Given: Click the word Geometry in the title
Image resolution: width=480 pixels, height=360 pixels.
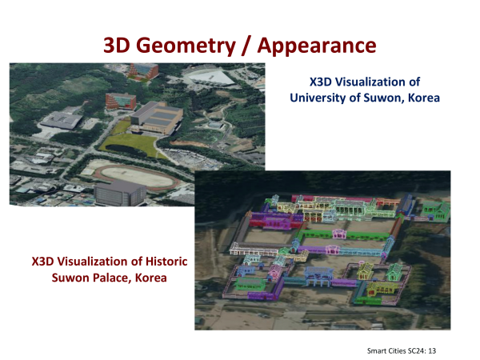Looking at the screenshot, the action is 186,46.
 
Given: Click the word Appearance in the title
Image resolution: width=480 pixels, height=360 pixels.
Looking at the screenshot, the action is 317,46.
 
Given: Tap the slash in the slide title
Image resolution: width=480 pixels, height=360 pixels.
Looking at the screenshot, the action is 246,46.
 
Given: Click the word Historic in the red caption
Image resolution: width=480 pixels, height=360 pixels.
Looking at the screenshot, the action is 166,262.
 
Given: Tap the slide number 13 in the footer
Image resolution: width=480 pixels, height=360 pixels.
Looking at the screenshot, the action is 432,351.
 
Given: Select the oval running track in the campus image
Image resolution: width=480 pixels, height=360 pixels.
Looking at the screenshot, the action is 137,178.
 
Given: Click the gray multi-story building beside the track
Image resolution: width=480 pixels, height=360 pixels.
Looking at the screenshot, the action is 120,193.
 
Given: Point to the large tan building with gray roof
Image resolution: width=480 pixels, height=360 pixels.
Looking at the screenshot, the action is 157,118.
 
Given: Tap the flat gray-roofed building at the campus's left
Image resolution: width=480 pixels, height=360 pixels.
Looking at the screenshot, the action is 62,120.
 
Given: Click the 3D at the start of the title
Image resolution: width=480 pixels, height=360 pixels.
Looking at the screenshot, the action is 118,46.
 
